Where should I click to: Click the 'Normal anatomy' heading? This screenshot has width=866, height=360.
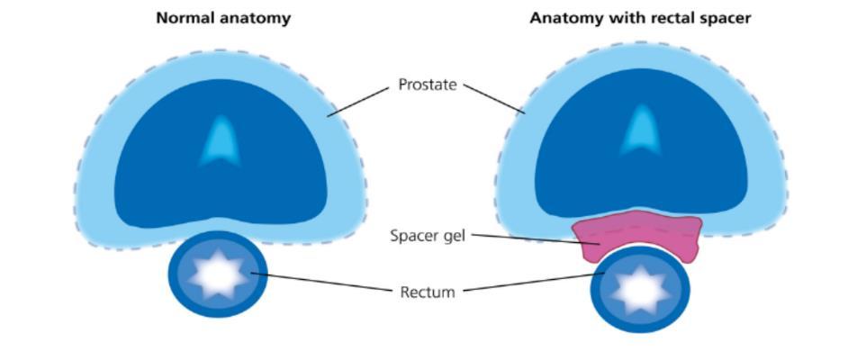[x=223, y=18]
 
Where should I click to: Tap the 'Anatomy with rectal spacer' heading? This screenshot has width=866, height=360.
[x=639, y=18]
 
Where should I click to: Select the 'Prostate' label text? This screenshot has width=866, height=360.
[x=428, y=85]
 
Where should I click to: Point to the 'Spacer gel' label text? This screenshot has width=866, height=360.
[x=428, y=236]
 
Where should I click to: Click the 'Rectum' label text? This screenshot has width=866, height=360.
[x=428, y=292]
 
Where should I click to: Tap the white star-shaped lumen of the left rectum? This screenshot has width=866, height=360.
[x=218, y=274]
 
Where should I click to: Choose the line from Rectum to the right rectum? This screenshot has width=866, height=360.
[x=531, y=283]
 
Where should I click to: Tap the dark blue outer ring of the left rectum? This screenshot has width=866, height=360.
[x=175, y=275]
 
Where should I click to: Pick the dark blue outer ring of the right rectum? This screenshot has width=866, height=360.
[x=597, y=293]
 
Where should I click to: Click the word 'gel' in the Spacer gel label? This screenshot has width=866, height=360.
[x=453, y=236]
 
